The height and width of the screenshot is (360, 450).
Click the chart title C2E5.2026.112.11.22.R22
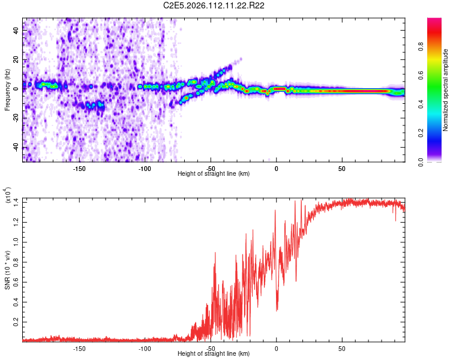point(215,5)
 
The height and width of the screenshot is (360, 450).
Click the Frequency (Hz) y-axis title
point(7,90)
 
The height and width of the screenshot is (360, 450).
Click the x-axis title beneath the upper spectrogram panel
point(214,174)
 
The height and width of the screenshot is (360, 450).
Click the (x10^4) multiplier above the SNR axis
point(7,196)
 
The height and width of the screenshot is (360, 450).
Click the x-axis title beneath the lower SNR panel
point(214,354)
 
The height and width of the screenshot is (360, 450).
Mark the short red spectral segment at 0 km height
point(279,88)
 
